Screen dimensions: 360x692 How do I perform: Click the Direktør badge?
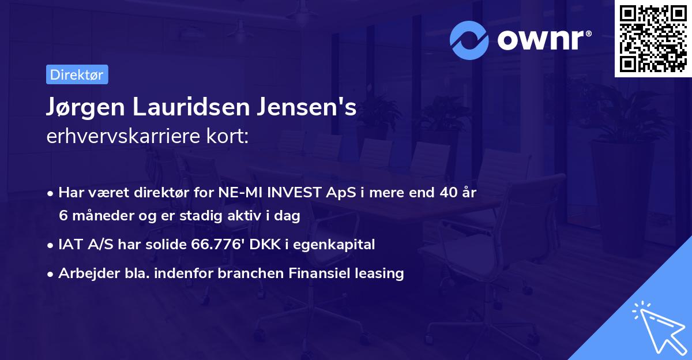(77, 74)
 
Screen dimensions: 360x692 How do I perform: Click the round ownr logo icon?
(469, 40)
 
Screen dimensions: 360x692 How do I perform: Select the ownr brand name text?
(544, 40)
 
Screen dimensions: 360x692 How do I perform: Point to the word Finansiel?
(322, 273)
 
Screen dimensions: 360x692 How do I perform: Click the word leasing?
(381, 273)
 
